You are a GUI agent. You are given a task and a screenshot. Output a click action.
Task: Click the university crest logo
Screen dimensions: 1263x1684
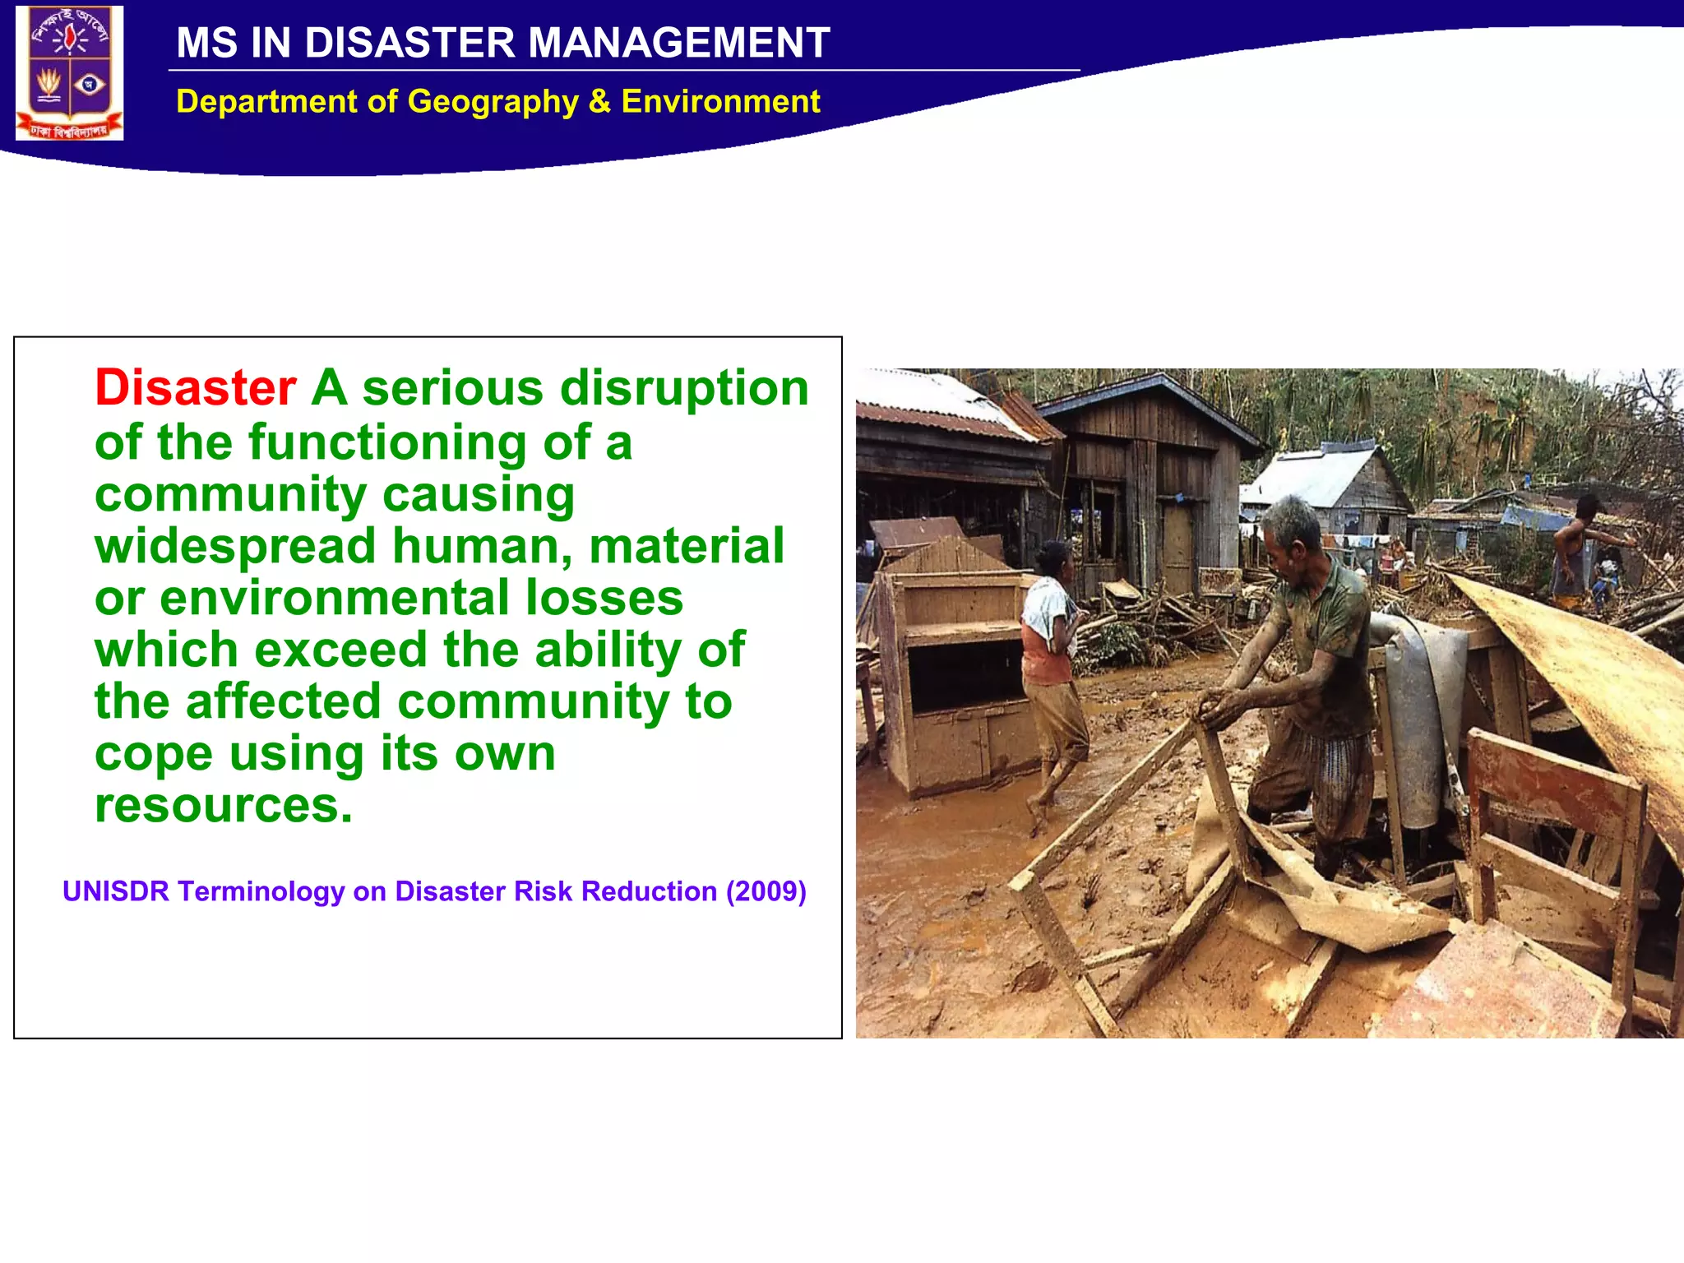click(x=70, y=72)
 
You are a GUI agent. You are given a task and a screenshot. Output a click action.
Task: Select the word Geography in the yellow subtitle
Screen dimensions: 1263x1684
click(x=493, y=102)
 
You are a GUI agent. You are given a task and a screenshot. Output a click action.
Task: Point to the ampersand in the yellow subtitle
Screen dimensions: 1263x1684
click(x=599, y=102)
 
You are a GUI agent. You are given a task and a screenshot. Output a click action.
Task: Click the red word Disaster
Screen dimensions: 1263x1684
click(x=195, y=388)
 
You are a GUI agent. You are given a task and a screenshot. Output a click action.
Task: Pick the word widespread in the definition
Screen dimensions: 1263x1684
click(x=235, y=546)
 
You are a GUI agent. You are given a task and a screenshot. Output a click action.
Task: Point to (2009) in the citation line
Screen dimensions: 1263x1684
click(x=766, y=892)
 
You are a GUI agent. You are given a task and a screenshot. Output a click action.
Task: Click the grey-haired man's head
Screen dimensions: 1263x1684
click(x=1293, y=528)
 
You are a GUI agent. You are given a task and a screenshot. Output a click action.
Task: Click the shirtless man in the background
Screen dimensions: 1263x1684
click(x=1575, y=547)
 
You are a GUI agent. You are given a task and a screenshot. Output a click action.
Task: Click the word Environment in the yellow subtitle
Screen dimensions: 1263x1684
click(x=720, y=102)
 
